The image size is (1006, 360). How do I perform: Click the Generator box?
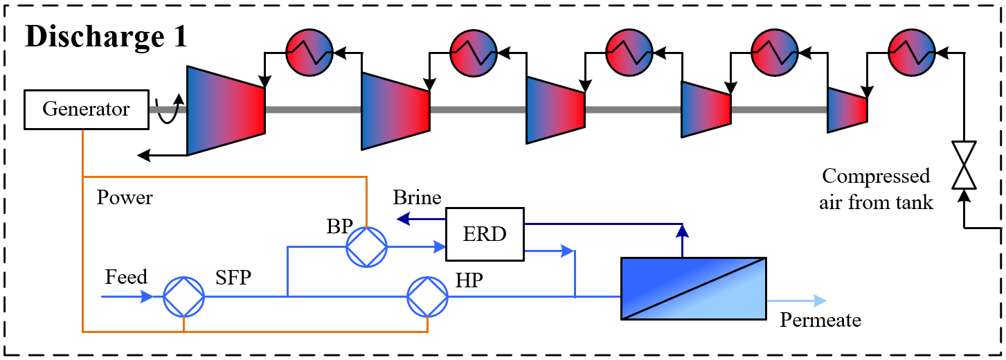[86, 109]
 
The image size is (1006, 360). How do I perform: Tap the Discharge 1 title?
[106, 37]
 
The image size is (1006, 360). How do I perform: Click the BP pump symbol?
[366, 246]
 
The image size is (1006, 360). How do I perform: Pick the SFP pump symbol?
[184, 297]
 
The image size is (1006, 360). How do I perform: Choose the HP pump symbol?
[428, 297]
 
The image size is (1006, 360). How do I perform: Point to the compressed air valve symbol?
[963, 165]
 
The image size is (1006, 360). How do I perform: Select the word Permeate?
[820, 321]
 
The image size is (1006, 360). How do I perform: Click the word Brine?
[417, 198]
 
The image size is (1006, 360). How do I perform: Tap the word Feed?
[126, 278]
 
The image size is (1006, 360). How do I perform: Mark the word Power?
[125, 198]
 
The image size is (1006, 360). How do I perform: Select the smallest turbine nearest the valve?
[847, 109]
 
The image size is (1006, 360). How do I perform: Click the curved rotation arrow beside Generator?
[170, 110]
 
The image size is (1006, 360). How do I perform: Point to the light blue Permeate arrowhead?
[820, 300]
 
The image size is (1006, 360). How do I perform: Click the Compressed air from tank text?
[876, 189]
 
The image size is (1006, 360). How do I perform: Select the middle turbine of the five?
[556, 110]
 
